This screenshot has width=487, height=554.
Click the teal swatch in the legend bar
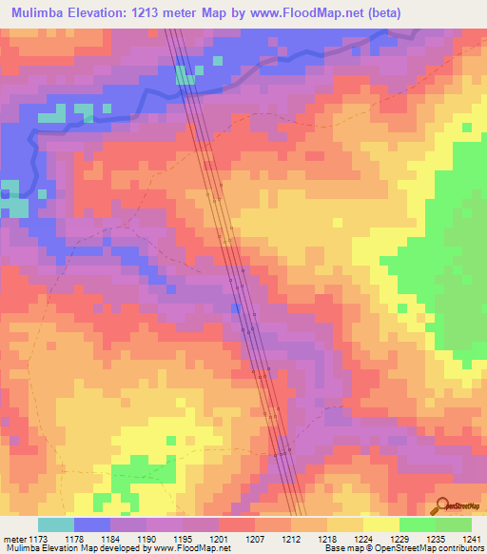(x=56, y=524)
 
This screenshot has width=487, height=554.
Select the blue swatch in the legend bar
(x=92, y=524)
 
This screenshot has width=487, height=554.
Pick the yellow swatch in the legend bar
(x=380, y=524)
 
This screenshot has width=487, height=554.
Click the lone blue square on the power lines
(x=236, y=307)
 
